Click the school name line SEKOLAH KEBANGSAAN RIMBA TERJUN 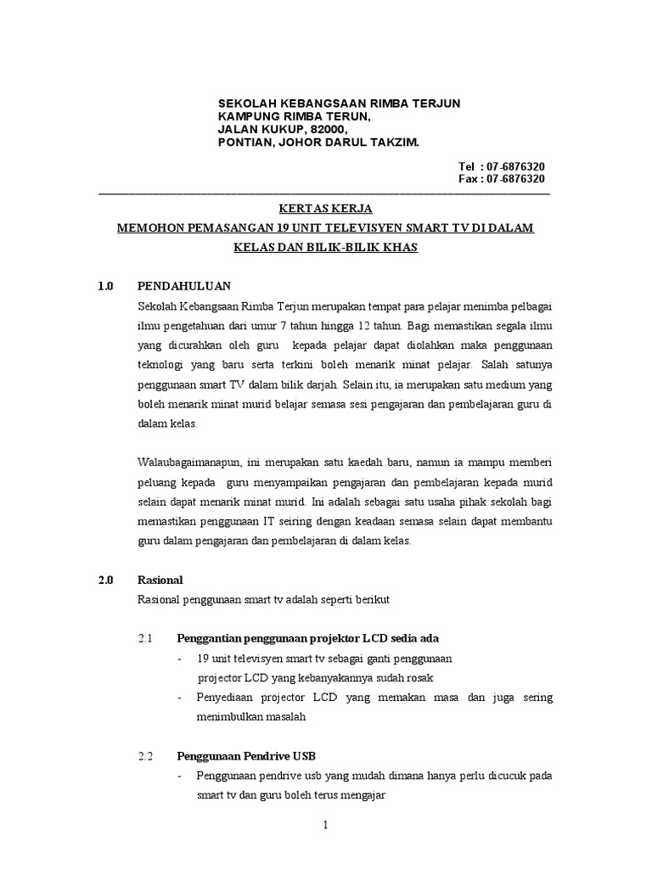(x=339, y=104)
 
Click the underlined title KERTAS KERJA (x=326, y=209)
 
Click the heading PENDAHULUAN (x=183, y=286)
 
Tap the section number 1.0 (x=105, y=286)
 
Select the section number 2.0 (x=105, y=580)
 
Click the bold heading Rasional (x=160, y=580)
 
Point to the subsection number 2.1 (x=144, y=638)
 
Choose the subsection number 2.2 (x=144, y=755)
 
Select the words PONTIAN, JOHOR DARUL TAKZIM (x=318, y=143)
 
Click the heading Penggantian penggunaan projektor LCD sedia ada (x=307, y=638)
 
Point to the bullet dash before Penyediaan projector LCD (x=180, y=698)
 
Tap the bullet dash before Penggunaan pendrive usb (x=180, y=776)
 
